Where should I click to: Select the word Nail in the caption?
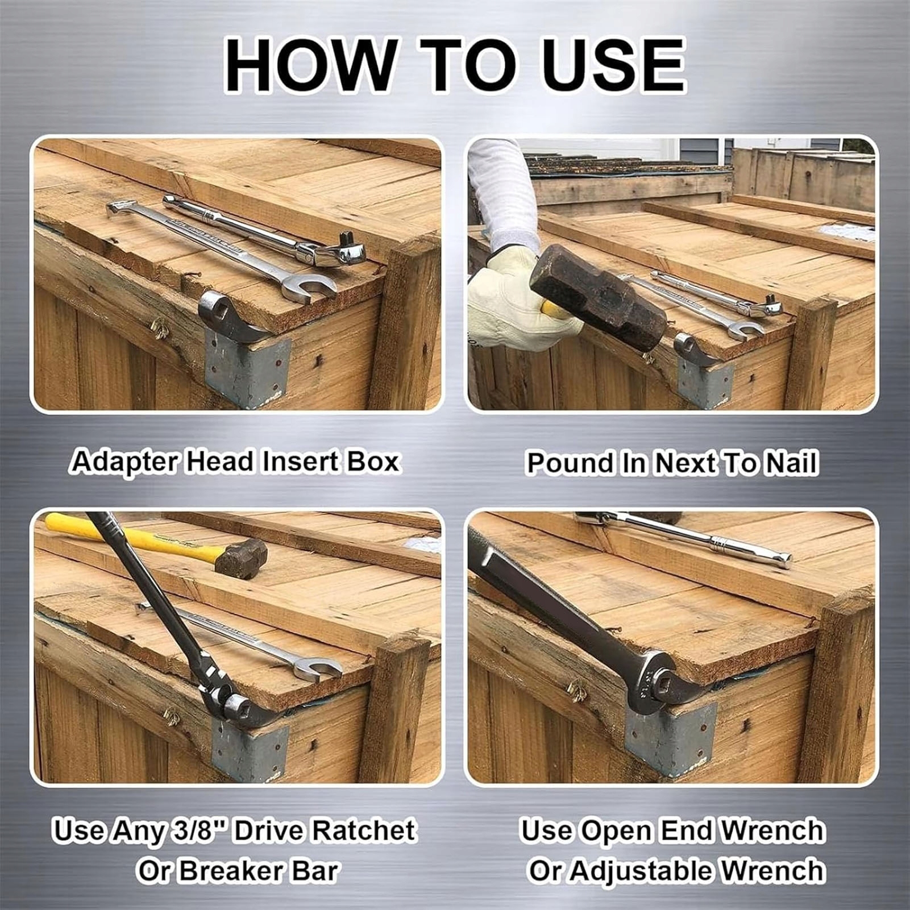[791, 463]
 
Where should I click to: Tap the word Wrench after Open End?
[772, 830]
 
